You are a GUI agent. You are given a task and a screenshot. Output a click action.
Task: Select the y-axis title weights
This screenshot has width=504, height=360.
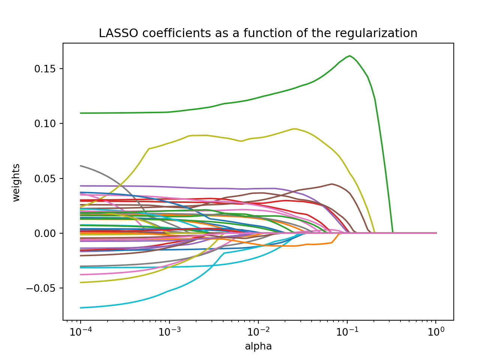[x=16, y=183]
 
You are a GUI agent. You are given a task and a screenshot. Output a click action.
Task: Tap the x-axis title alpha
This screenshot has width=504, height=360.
[x=258, y=346]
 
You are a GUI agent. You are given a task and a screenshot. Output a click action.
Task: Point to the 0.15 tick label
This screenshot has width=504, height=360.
[x=44, y=69]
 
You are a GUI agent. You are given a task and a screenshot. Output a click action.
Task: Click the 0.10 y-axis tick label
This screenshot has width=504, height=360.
[x=44, y=124]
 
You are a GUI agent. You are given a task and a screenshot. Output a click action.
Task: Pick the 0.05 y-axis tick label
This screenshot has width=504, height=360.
[x=44, y=178]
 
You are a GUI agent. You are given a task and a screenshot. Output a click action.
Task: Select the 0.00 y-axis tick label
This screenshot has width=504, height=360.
[x=44, y=233]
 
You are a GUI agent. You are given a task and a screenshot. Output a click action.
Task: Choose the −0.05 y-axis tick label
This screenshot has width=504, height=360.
[x=41, y=288]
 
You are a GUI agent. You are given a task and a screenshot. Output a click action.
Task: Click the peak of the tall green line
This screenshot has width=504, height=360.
[x=349, y=56]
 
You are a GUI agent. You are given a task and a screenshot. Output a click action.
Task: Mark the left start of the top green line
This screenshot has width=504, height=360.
[x=81, y=113]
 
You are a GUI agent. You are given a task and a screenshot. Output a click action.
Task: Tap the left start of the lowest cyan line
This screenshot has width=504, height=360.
[x=81, y=308]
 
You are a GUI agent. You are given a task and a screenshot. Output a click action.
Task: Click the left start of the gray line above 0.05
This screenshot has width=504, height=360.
[x=81, y=166]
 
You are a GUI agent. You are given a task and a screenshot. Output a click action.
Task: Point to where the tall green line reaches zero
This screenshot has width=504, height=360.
[x=393, y=233]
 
